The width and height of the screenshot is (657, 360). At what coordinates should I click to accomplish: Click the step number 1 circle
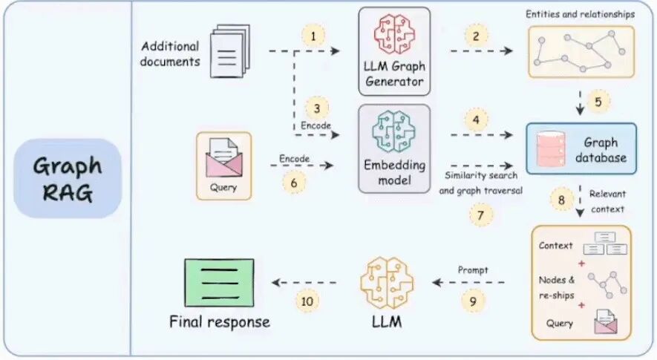point(313,36)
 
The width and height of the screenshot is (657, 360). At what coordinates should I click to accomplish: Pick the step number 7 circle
point(480,215)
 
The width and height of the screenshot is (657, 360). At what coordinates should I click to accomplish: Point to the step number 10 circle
point(306,300)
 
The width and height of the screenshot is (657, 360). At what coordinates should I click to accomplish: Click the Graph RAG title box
point(67,178)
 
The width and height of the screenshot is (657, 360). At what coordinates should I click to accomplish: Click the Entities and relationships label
point(581,14)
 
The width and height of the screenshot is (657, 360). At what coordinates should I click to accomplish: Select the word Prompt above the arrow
point(473,270)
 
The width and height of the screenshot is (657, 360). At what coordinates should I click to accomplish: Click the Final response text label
point(219,321)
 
